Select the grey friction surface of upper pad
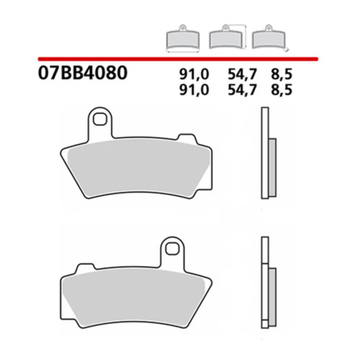(x=136, y=170)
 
